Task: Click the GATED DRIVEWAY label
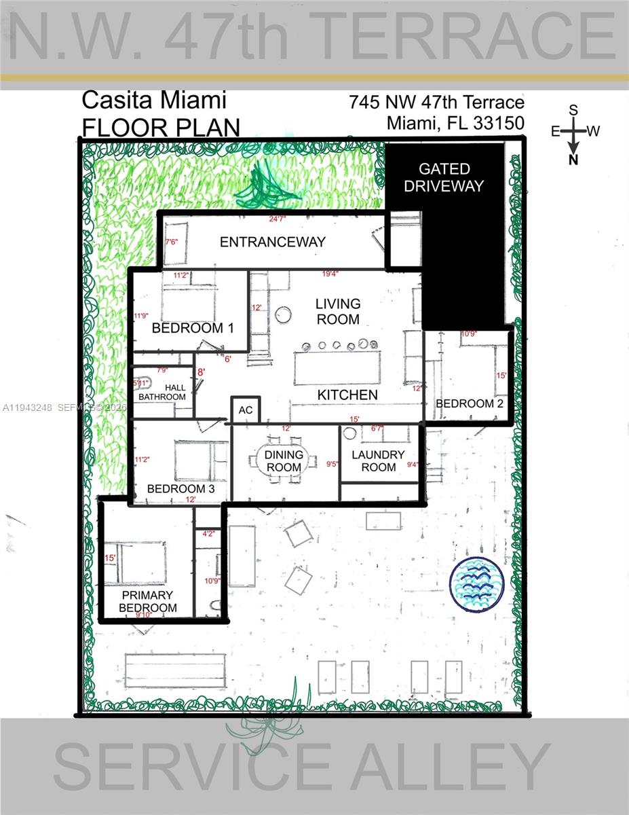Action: (x=444, y=177)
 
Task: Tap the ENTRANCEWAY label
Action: (x=273, y=242)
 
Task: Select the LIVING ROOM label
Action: (x=338, y=311)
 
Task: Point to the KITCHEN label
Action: (x=347, y=395)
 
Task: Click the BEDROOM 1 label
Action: (x=193, y=328)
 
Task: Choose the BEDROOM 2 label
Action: (x=470, y=403)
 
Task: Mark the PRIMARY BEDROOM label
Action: (x=148, y=602)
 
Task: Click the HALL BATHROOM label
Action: (x=162, y=392)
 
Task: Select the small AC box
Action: (x=246, y=410)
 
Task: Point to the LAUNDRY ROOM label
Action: (x=379, y=461)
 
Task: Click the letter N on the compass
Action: (x=573, y=160)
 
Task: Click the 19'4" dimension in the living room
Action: (x=330, y=274)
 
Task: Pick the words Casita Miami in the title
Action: (x=154, y=101)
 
